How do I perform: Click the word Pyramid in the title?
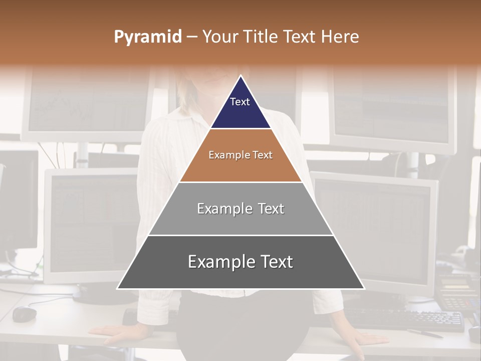[x=147, y=37]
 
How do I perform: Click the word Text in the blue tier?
[x=240, y=102]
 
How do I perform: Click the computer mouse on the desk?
[x=25, y=314]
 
